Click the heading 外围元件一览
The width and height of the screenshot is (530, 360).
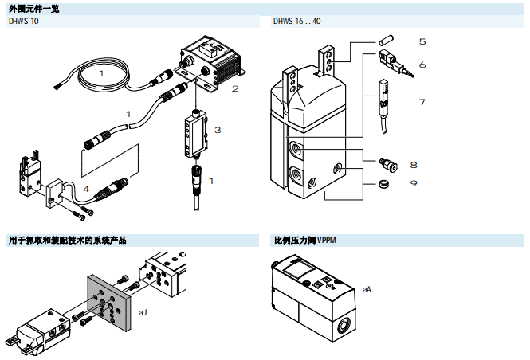click(x=33, y=9)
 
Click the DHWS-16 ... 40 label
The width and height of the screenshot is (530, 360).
click(x=297, y=22)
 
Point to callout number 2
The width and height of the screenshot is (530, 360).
click(x=235, y=88)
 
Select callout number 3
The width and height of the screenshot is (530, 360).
click(x=217, y=129)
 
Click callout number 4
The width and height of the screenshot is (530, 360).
click(x=86, y=189)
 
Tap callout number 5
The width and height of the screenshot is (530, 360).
click(x=422, y=41)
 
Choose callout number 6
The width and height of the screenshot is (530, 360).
click(x=422, y=65)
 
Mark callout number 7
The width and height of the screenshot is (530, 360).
click(x=422, y=101)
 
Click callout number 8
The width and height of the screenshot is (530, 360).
click(x=414, y=165)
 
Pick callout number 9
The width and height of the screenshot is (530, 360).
click(x=414, y=183)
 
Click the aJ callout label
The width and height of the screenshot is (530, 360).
click(x=143, y=312)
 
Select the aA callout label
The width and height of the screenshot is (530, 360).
click(x=367, y=289)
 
